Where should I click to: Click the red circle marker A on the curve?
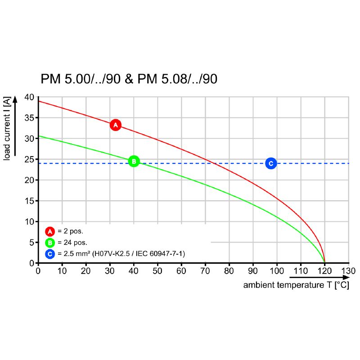pyautogui.click(x=115, y=125)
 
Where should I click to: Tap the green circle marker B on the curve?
pyautogui.click(x=134, y=161)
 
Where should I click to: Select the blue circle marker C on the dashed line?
pyautogui.click(x=270, y=163)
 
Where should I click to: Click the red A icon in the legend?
pyautogui.click(x=49, y=232)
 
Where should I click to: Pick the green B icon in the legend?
pyautogui.click(x=49, y=243)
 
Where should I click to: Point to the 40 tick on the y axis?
pyautogui.click(x=29, y=97)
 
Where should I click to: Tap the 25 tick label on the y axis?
pyautogui.click(x=29, y=159)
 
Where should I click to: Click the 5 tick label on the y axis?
pyautogui.click(x=31, y=242)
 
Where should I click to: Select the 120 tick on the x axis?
pyautogui.click(x=324, y=271)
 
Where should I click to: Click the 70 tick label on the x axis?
pyautogui.click(x=205, y=271)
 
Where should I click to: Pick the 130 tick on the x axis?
pyautogui.click(x=348, y=271)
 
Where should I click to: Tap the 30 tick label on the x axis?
pyautogui.click(x=110, y=271)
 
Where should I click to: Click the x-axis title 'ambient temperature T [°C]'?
pyautogui.click(x=296, y=285)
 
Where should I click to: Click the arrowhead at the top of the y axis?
pyautogui.click(x=15, y=99)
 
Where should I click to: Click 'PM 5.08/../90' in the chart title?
pyautogui.click(x=177, y=79)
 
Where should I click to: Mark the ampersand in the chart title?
pyautogui.click(x=129, y=79)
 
